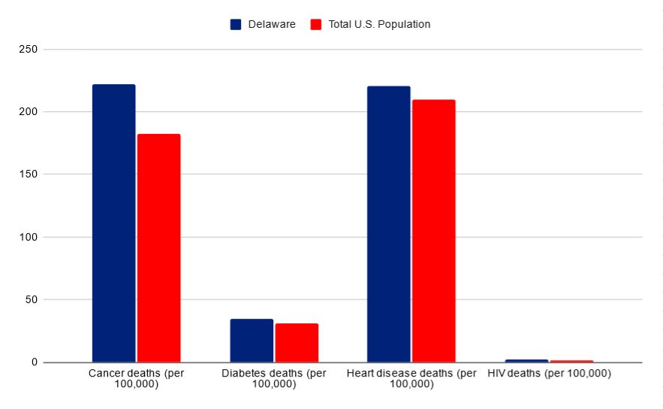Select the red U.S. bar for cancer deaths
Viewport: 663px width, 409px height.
coord(158,248)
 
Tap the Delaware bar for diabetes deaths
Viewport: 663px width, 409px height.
coord(252,341)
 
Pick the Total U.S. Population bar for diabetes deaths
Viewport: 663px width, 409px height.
coord(297,343)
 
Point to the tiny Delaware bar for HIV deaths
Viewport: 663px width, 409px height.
coord(526,361)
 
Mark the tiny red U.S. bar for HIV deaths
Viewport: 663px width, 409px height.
coord(571,362)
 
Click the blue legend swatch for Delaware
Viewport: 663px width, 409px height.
coord(236,24)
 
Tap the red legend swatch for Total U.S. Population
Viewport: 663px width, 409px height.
coord(316,24)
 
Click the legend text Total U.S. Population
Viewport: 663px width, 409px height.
coord(379,24)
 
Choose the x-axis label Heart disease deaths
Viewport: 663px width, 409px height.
coord(411,378)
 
